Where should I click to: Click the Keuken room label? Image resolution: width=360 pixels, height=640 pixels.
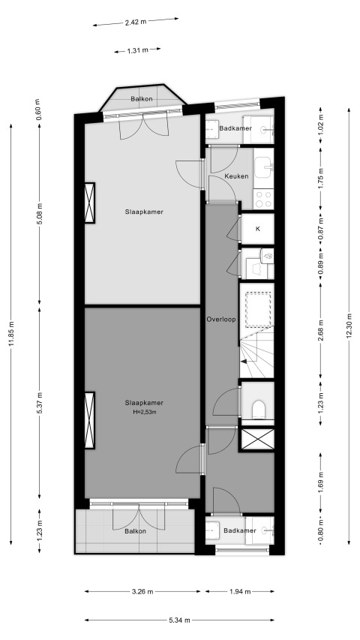pos(236,177)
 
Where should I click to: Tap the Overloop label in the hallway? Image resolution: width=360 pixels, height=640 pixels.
pos(221,320)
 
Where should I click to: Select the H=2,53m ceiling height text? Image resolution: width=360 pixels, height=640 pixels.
pos(144,411)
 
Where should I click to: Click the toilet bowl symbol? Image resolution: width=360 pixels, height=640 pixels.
pos(259,409)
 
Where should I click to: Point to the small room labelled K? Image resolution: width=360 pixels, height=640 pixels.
pos(257,229)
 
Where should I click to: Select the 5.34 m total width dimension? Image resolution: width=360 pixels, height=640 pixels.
pos(179,620)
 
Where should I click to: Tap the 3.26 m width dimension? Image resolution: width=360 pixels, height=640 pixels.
pos(142,591)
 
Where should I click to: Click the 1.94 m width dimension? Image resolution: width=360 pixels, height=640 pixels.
pos(241,591)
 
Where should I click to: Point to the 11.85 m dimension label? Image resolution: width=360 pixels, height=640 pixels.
pos(11,334)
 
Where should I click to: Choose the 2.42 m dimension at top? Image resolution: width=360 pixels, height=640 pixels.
pos(136,23)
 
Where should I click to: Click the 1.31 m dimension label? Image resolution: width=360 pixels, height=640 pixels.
pos(137,50)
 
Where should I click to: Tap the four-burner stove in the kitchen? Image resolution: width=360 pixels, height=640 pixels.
pos(263,199)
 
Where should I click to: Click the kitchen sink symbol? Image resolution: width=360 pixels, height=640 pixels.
pos(264,167)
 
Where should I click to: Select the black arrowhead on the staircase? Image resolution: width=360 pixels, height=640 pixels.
pos(243,361)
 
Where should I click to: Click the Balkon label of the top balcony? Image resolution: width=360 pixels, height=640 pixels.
pos(142,99)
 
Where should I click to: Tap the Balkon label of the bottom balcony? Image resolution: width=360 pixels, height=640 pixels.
pos(135,531)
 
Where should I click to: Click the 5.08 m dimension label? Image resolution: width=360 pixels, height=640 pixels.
pos(40,214)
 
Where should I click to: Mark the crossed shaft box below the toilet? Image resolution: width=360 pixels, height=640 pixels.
pos(257,439)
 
